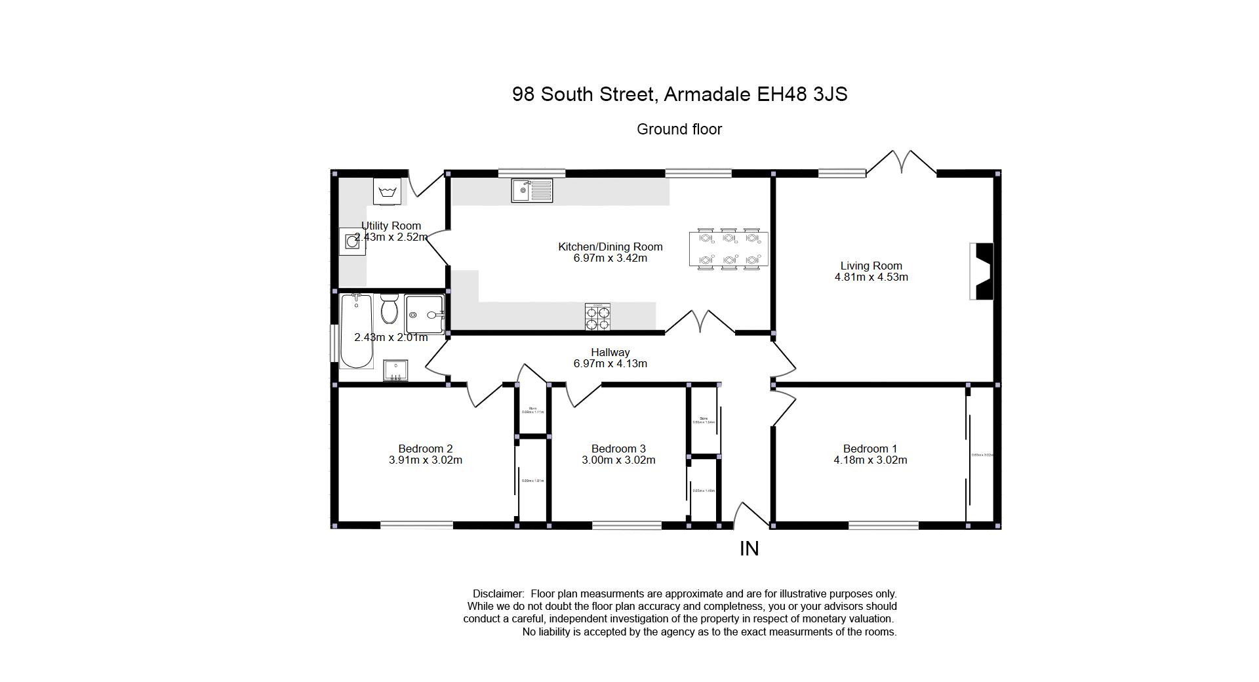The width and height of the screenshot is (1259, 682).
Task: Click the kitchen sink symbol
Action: pos(532,191)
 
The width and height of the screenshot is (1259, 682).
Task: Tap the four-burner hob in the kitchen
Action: pos(597,317)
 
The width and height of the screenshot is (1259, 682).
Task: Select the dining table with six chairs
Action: pos(728,249)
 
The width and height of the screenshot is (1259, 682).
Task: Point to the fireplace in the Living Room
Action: pos(982,271)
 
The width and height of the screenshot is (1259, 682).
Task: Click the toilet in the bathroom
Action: pos(390,309)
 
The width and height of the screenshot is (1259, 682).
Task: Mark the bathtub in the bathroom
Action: pos(356,331)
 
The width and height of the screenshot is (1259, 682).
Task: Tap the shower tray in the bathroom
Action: pos(424,315)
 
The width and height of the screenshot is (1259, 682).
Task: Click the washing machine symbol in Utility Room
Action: pos(387,191)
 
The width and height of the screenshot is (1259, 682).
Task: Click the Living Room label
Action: pos(871,266)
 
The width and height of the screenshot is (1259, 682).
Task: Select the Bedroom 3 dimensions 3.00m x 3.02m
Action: pos(618,460)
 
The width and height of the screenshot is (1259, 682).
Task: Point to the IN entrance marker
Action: pos(749,549)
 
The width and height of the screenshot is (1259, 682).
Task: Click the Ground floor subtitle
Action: pos(679,129)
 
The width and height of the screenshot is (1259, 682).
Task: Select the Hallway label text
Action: pos(610,352)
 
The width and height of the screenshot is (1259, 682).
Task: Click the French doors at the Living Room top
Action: pos(902,163)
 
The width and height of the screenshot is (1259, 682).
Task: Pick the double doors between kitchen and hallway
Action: pos(700,321)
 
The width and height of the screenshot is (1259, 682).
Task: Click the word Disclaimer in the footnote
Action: pos(498,593)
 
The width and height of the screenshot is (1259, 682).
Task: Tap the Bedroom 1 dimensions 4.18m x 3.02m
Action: pos(870,460)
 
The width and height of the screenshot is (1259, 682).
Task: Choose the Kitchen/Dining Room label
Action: pos(610,247)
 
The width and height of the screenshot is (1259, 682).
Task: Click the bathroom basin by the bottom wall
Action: pos(395,371)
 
